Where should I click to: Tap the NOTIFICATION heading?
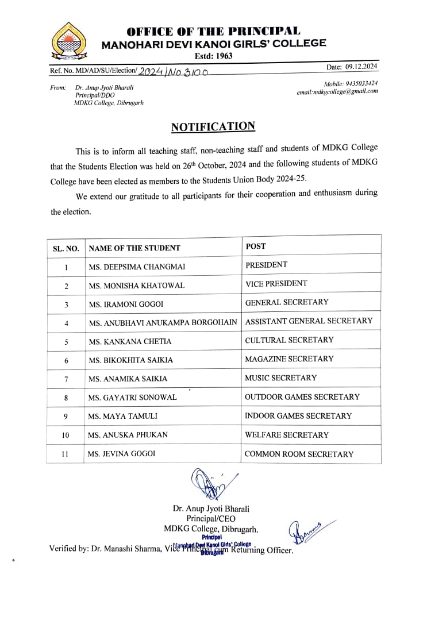click(x=213, y=127)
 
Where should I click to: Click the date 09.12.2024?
click(x=361, y=67)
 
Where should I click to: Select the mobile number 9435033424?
click(x=359, y=83)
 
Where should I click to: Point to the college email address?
click(x=337, y=91)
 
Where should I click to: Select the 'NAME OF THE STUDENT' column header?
click(x=134, y=248)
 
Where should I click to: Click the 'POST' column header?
click(x=256, y=246)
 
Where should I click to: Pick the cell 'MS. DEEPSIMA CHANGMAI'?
click(x=137, y=267)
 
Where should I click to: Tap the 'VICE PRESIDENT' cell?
click(x=276, y=283)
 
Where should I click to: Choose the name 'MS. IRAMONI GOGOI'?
click(x=126, y=304)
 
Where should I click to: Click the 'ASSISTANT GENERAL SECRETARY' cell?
click(x=309, y=321)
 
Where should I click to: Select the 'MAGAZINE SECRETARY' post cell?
click(x=289, y=359)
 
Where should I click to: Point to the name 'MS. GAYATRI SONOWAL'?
click(x=133, y=398)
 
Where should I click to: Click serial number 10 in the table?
click(x=66, y=436)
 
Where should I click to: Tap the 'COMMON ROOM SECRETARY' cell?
click(x=299, y=454)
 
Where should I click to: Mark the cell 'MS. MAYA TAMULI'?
click(x=123, y=416)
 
